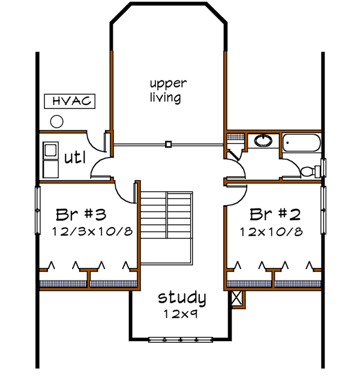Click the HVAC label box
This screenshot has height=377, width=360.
70,101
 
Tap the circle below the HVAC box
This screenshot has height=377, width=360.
57,122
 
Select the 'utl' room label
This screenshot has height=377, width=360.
76,158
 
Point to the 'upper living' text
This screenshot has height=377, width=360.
167,90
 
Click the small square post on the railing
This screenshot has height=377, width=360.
169,144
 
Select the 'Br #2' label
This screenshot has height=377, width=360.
275,214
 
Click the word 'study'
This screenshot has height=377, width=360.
182,297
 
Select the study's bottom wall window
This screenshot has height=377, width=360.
181,340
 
